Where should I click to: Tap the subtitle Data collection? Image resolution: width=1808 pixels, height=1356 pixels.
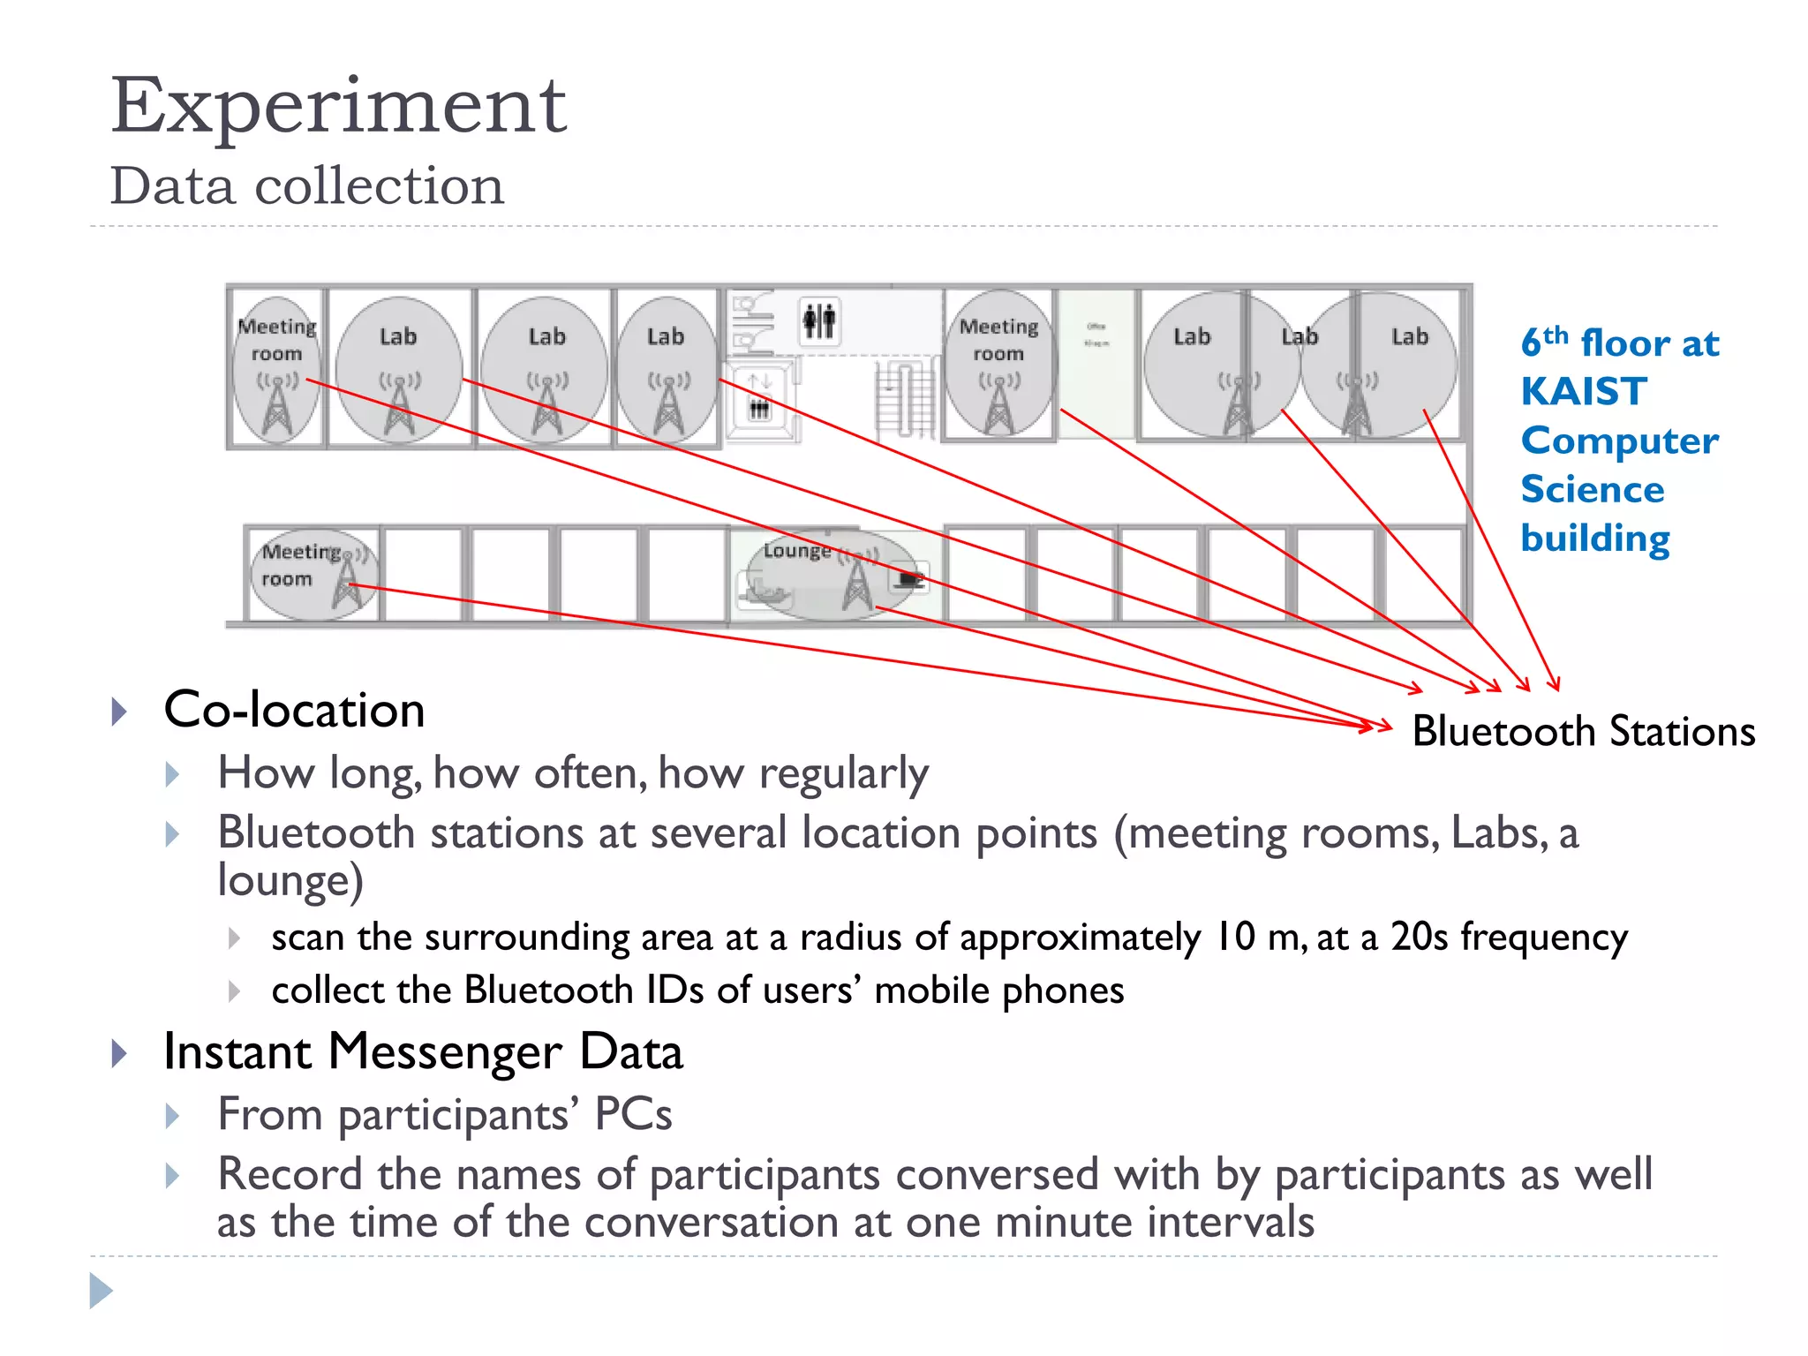(x=306, y=186)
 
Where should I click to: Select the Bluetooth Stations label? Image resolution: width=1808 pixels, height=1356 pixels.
(x=1583, y=732)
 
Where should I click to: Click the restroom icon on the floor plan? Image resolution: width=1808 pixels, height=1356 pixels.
(x=818, y=320)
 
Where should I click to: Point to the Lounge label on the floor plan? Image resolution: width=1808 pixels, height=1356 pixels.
(x=797, y=551)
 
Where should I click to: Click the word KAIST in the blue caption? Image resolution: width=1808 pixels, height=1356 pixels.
(x=1584, y=391)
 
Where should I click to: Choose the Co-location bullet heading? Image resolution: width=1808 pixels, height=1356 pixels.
(x=294, y=710)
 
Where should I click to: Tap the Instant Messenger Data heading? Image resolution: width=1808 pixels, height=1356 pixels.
(x=423, y=1051)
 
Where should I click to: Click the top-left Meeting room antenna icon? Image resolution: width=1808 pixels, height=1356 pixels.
(x=277, y=406)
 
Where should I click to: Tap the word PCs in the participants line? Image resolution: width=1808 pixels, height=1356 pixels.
(x=633, y=1113)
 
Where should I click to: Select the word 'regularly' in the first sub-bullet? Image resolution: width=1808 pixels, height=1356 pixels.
(x=843, y=773)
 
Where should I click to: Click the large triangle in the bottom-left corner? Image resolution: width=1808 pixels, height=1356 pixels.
(x=101, y=1291)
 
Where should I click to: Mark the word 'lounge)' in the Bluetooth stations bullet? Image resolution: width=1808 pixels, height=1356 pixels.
(x=290, y=881)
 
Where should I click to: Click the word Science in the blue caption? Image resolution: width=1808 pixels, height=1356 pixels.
(x=1593, y=489)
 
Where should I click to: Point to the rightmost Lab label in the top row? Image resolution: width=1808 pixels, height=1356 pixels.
(x=1409, y=336)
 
